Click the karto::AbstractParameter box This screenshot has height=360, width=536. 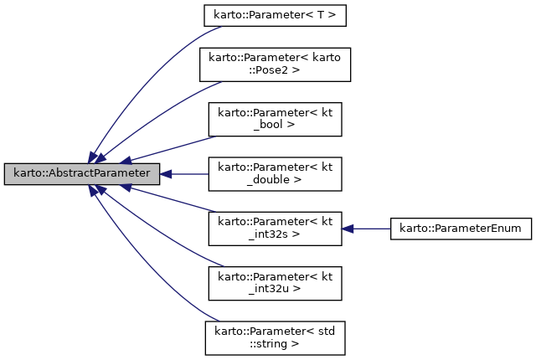(81, 174)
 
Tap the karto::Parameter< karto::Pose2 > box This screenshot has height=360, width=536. (275, 64)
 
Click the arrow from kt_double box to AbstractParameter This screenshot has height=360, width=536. (184, 174)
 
